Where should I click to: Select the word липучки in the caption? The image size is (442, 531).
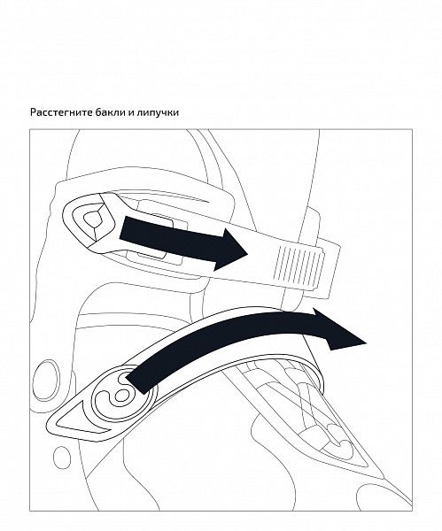tap(158, 112)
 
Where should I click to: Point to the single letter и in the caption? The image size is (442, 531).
tap(130, 112)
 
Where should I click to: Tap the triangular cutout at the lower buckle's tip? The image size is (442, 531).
tap(80, 419)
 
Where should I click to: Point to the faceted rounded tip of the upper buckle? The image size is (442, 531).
tap(88, 220)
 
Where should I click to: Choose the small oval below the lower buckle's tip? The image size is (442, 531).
tap(62, 458)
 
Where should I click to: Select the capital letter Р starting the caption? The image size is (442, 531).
tap(33, 112)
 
